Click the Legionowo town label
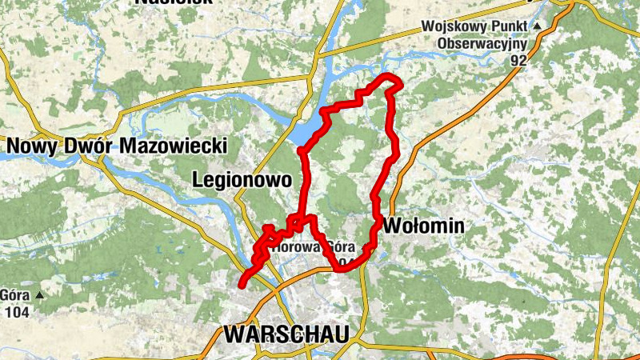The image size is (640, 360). click(242, 180)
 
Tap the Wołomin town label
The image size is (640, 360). click(423, 226)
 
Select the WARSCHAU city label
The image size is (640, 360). click(287, 334)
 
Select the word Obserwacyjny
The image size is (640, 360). click(479, 42)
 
